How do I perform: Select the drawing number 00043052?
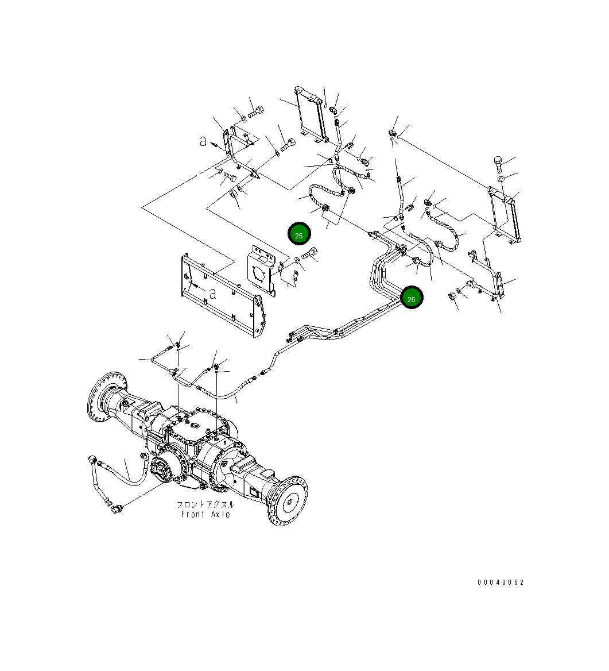pos(501,583)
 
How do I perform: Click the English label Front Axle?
pos(205,514)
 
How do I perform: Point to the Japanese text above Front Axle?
pos(205,504)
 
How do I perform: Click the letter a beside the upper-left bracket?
pos(203,141)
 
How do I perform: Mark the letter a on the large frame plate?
pos(212,294)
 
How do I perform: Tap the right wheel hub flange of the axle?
pos(290,500)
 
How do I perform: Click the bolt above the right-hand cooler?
pos(498,164)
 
